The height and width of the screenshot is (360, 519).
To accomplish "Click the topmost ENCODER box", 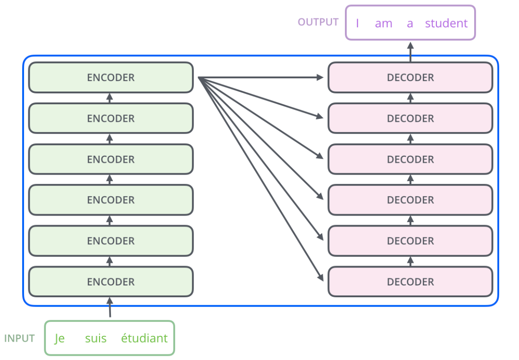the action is tap(111, 77).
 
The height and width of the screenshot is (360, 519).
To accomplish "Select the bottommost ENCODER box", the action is tap(111, 282).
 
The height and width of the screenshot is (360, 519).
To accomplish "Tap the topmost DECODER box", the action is tap(410, 77).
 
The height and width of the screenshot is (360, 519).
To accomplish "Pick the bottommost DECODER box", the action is tap(410, 282).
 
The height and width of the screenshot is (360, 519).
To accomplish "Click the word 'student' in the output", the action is tap(446, 23).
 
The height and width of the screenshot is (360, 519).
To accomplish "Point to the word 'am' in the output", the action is tap(384, 24).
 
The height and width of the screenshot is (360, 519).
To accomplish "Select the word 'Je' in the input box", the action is tap(59, 338).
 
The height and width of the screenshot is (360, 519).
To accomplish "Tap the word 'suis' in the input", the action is tap(96, 338).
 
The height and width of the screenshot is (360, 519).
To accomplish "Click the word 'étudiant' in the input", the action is tap(144, 338).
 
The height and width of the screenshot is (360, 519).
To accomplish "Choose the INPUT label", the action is tap(19, 338).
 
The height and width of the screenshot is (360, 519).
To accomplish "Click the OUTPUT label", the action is tap(318, 22).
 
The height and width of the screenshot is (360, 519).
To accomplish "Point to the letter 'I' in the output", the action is tap(358, 23).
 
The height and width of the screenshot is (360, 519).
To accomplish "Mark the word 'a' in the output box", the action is tap(410, 24).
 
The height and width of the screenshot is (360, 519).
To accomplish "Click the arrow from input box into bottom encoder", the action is tap(110, 307).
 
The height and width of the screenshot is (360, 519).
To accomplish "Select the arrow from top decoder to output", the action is tap(410, 52).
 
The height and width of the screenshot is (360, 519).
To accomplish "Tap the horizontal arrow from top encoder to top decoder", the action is tap(260, 77).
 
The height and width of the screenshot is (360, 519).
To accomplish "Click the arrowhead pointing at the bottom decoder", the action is tap(320, 277).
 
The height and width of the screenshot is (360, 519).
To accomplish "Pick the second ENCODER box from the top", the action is tap(111, 118).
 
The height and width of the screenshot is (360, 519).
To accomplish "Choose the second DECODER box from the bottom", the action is tap(410, 241).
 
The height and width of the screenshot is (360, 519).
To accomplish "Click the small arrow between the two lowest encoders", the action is tap(110, 261).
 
